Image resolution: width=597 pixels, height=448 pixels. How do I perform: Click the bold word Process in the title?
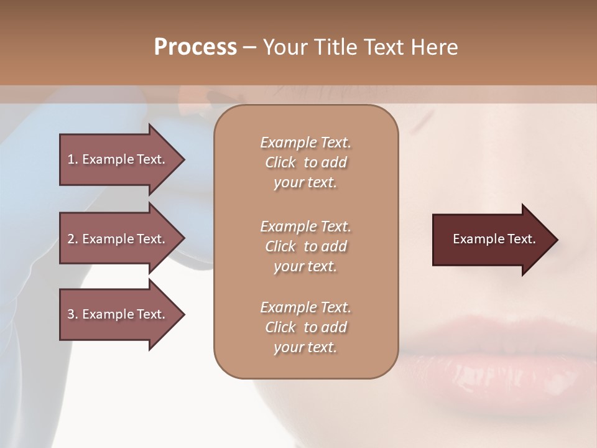[195, 47]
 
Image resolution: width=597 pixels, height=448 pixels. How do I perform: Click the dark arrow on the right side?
[491, 240]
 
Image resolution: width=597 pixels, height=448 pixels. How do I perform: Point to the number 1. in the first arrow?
[73, 160]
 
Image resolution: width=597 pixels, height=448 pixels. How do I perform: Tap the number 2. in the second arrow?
[73, 239]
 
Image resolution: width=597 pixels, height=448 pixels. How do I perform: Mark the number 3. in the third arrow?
[73, 314]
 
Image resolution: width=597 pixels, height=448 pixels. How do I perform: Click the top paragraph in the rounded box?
[305, 162]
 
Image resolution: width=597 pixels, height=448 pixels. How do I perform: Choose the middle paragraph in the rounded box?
[305, 246]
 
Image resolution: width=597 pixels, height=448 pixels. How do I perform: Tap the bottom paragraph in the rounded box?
[305, 327]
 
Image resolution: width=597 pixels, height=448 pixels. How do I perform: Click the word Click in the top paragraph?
[280, 162]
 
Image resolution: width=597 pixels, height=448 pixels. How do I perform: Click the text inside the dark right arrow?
[494, 239]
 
